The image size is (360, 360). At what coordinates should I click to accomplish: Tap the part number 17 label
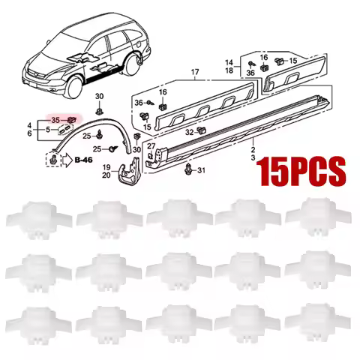(x=195, y=73)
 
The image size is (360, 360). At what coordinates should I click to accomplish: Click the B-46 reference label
(x=85, y=159)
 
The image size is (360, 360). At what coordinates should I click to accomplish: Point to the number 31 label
(x=200, y=171)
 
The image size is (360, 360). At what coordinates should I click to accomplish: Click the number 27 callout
(x=151, y=145)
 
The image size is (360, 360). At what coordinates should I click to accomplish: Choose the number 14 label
(x=229, y=61)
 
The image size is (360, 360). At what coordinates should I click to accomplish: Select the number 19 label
(x=107, y=166)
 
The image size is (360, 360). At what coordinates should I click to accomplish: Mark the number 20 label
(x=107, y=175)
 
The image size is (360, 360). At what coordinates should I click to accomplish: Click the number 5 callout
(x=46, y=130)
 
